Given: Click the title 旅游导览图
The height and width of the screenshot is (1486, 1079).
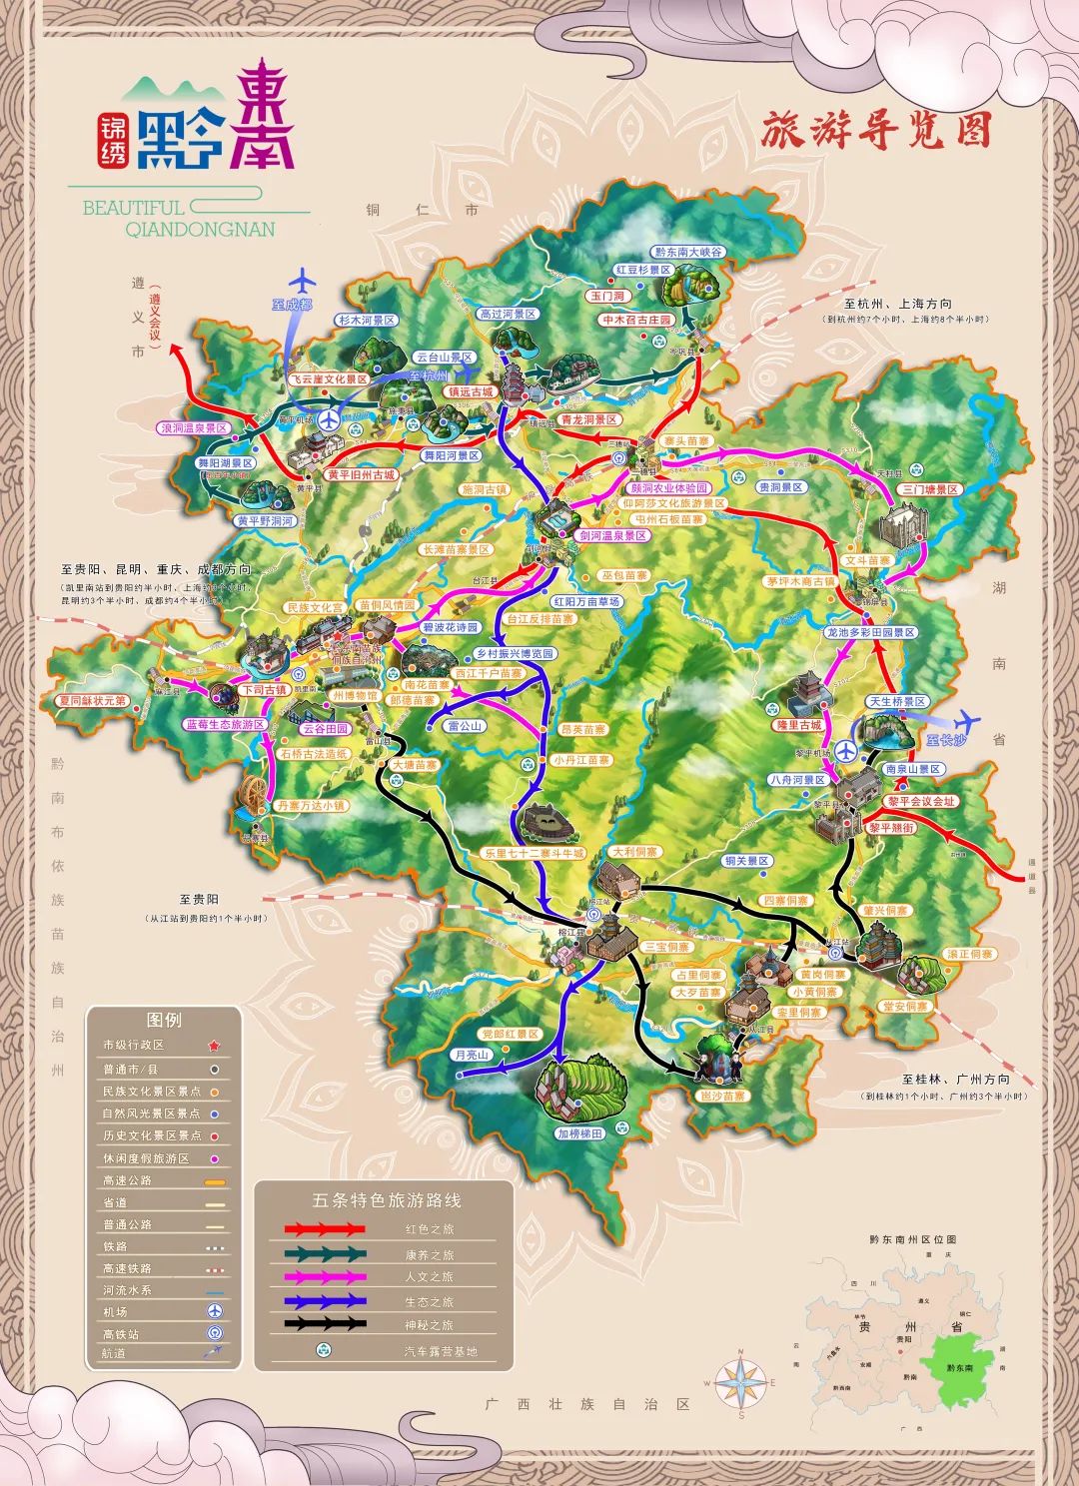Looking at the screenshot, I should pos(875,131).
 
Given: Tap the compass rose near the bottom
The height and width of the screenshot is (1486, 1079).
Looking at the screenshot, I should pos(740,1384).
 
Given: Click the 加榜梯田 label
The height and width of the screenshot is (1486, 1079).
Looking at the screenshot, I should pos(580,1133).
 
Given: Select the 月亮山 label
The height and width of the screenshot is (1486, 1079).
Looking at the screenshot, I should pos(471,1055).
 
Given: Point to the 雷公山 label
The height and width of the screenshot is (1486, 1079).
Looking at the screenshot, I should pos(466,726).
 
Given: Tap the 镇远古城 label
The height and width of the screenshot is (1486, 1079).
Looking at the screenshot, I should pos(471,392).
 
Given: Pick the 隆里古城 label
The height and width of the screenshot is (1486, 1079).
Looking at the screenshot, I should pos(799,725).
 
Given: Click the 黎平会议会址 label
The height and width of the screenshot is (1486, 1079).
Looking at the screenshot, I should pos(921,801).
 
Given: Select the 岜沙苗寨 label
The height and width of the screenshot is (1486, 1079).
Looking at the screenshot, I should pos(720,1096).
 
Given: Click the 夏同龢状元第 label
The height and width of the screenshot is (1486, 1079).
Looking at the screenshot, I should pos(92,701).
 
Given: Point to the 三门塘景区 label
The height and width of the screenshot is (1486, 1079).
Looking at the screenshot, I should pos(930,489).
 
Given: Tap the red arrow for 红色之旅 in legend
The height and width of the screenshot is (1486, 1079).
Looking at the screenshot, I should pos(325,1229).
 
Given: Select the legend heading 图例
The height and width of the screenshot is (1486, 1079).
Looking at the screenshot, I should pos(164,1020).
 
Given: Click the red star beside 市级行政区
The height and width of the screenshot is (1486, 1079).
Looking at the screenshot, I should pos(213,1046).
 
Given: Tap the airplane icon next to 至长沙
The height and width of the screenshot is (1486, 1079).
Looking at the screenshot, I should pos(966,721).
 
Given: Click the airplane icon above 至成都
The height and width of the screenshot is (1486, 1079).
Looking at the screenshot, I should pos(304,280).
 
